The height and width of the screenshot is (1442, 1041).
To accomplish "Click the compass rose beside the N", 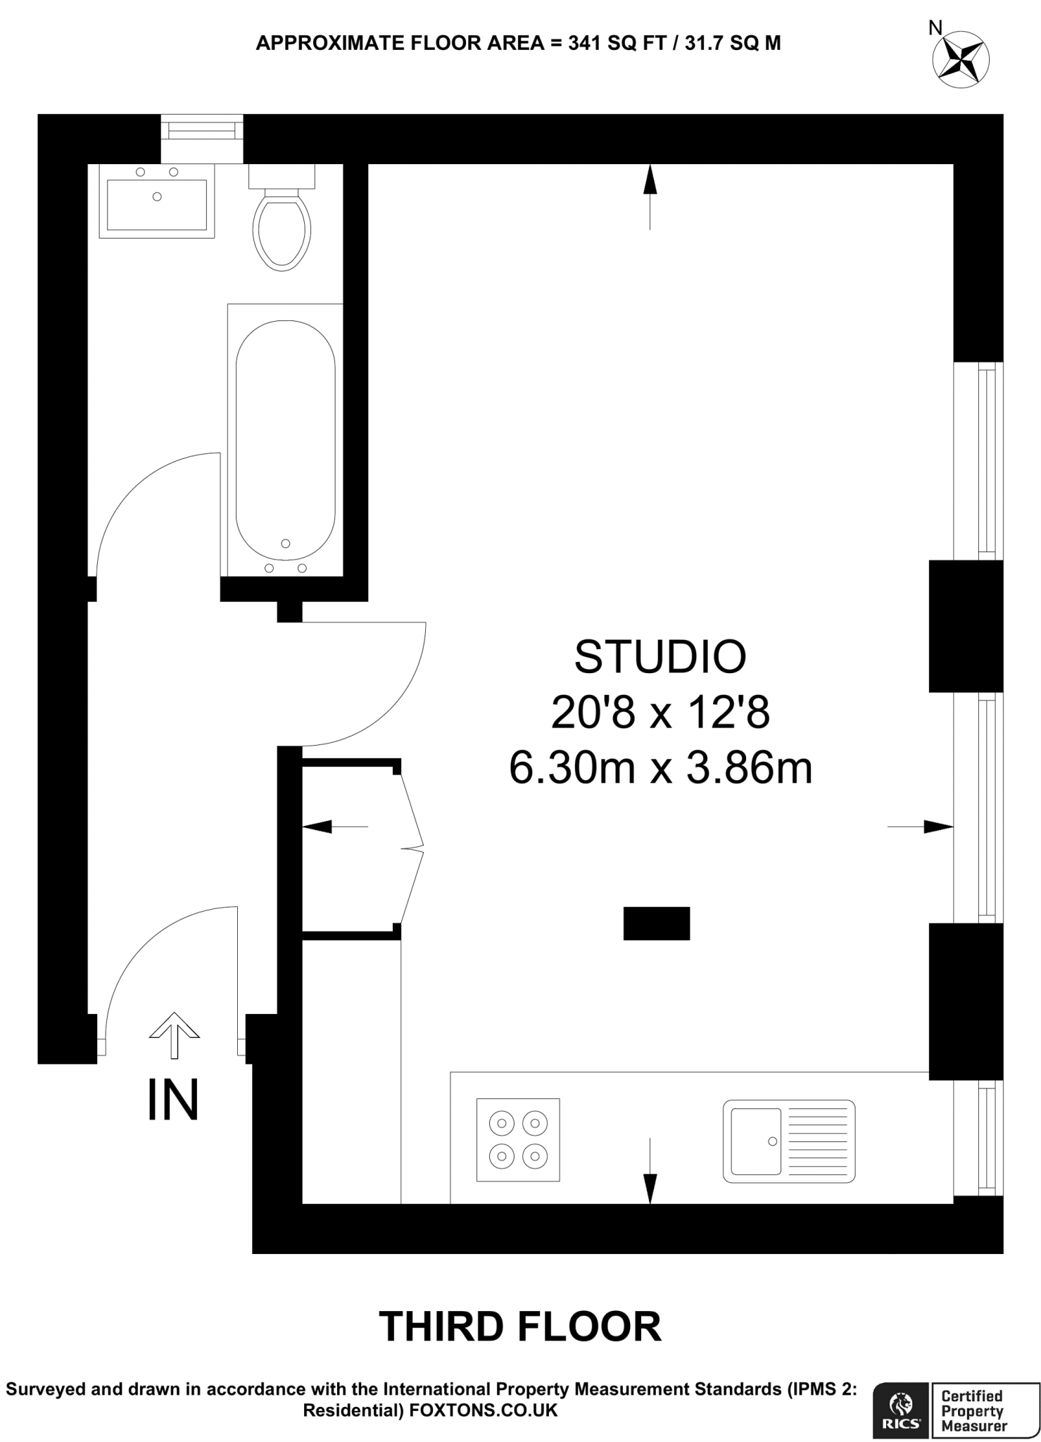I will pos(961,59).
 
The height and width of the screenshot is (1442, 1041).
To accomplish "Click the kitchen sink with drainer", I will pos(788,1141).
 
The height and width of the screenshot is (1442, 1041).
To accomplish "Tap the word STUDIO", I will pos(660,657).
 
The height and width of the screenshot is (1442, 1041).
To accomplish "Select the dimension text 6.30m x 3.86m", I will pos(660,768).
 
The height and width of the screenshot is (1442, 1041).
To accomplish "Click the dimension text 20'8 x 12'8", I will pos(660,713).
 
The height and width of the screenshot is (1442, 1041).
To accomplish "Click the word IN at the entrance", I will pos(173,1101).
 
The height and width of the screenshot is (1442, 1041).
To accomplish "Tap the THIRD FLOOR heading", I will pos(520,1327).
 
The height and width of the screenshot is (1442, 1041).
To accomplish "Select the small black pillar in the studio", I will pos(656,923).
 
